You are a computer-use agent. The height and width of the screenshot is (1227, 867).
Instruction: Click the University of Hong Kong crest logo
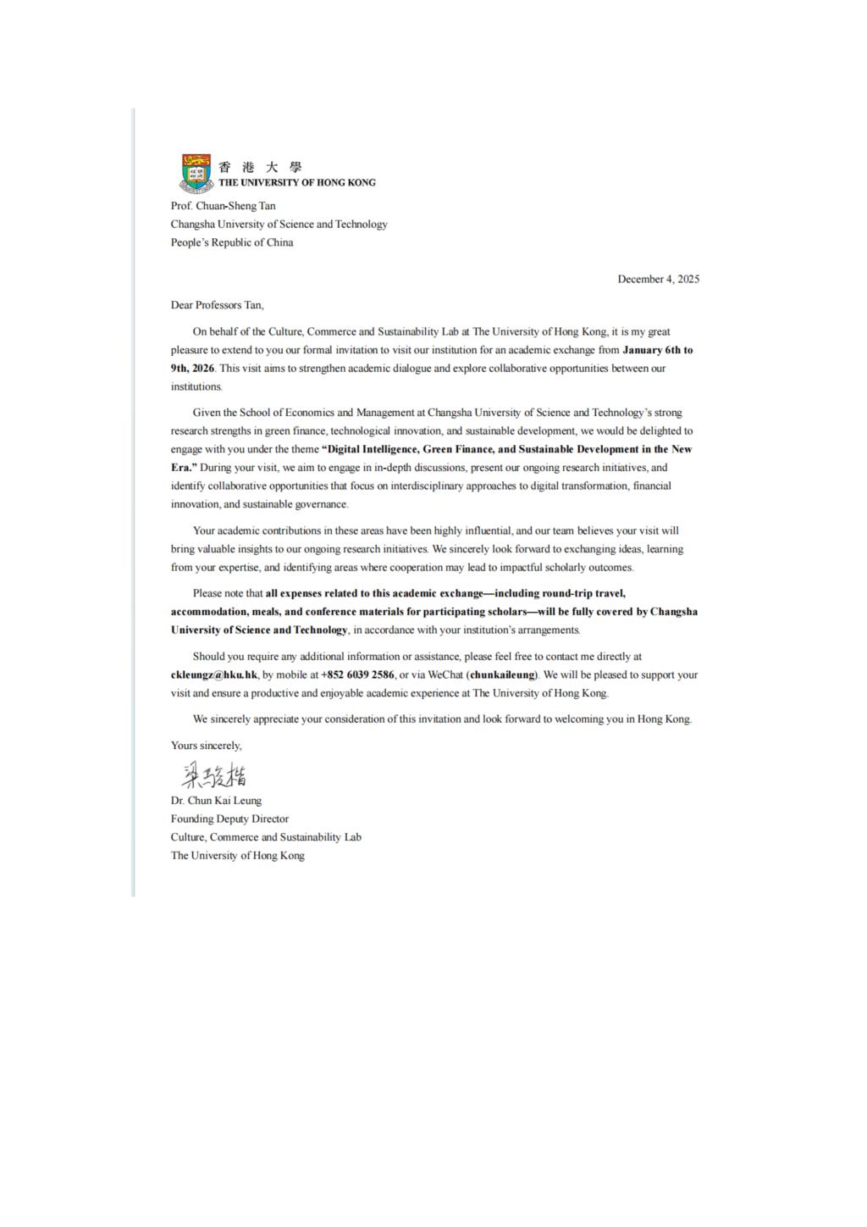coord(196,173)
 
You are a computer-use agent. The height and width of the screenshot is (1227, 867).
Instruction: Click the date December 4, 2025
coord(658,279)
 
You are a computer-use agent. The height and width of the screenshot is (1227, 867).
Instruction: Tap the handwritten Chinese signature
coord(214,775)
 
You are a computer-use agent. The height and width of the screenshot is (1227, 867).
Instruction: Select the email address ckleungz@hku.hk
coord(214,675)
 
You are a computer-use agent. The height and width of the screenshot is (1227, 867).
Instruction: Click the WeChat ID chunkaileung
coord(503,675)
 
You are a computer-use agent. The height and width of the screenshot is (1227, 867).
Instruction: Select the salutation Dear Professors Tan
coord(217,305)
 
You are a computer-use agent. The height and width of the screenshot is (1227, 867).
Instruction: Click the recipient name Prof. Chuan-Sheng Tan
coord(223,206)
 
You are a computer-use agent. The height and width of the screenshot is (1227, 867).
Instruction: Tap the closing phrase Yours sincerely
coord(206,746)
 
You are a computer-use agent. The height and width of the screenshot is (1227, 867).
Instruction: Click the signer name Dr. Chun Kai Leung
coord(216,801)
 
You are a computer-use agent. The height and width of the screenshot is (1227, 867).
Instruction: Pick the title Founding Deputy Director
coord(229,819)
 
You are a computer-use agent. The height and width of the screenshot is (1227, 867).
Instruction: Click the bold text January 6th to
coord(657,350)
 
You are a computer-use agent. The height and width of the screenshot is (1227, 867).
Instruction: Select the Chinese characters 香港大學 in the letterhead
coord(260,167)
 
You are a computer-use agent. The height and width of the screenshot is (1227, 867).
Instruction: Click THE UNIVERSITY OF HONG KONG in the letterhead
coord(296,182)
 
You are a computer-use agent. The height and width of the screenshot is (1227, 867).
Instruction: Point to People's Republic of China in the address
coord(232,242)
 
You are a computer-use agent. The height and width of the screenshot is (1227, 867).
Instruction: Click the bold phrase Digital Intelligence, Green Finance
coord(410,449)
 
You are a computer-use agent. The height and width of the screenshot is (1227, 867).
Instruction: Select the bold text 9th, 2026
coord(192,369)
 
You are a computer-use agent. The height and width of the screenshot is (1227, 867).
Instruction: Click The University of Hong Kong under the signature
coord(237,856)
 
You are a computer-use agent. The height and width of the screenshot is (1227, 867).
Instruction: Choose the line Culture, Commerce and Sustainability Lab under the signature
coord(266,837)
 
